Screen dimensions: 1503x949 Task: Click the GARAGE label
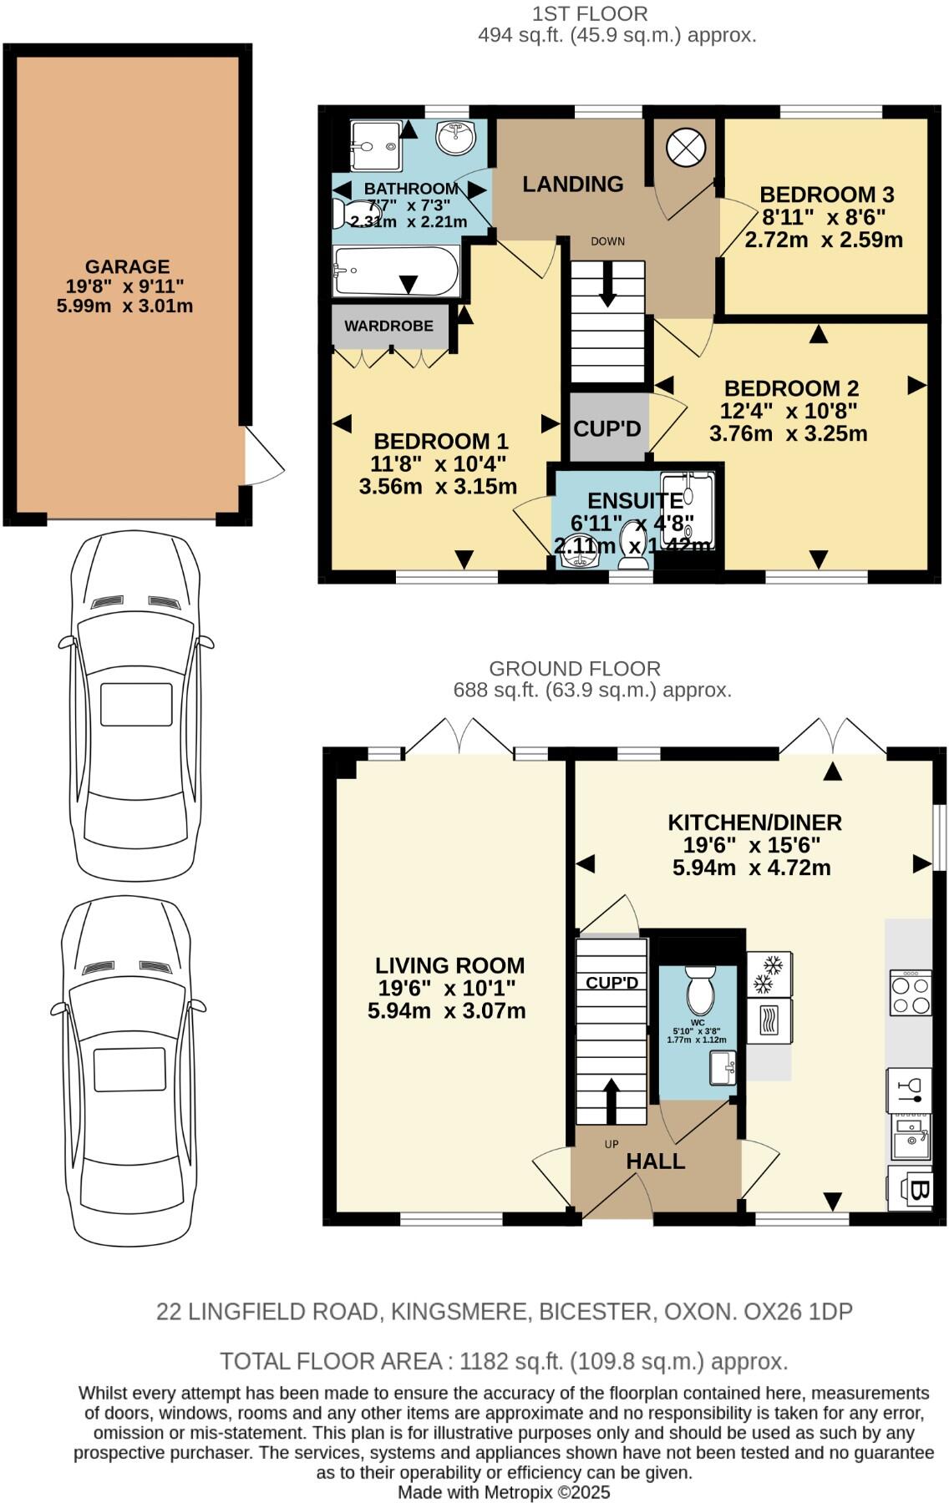pos(127,267)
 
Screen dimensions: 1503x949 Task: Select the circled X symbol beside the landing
pos(685,149)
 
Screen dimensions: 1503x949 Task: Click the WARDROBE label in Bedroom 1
pos(388,326)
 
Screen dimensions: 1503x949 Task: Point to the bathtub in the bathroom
pos(395,271)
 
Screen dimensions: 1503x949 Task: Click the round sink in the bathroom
pos(455,137)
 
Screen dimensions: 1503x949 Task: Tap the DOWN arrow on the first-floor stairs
pos(607,284)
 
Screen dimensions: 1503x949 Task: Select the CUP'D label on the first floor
pos(607,429)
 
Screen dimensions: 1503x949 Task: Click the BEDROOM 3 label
pos(826,195)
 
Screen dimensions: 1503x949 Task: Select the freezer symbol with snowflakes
pos(769,974)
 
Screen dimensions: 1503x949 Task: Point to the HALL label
pos(656,1161)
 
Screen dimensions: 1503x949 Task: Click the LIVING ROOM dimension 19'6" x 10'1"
pos(447,989)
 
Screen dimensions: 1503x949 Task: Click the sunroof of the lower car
pos(129,1070)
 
